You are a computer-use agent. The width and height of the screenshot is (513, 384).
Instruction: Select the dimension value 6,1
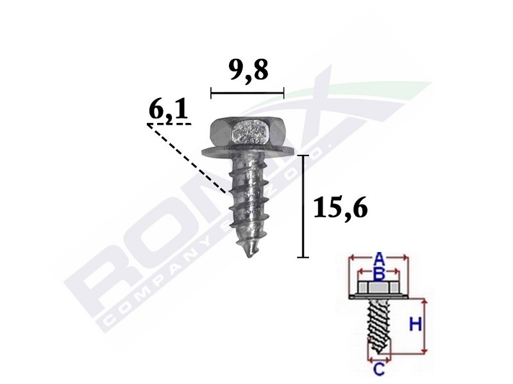(x=168, y=111)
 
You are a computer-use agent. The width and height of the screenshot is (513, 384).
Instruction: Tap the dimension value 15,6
(x=340, y=208)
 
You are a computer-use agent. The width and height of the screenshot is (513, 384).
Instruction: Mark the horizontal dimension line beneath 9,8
(x=247, y=93)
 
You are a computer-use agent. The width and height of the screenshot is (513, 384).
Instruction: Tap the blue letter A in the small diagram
(x=379, y=259)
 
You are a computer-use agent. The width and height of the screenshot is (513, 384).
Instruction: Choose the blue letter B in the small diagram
(x=378, y=274)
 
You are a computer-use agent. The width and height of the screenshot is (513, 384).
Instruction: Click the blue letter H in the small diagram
(x=415, y=325)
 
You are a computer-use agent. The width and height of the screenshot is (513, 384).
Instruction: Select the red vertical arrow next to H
(x=425, y=326)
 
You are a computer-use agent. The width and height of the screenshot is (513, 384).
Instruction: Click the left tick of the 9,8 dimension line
(x=211, y=93)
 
